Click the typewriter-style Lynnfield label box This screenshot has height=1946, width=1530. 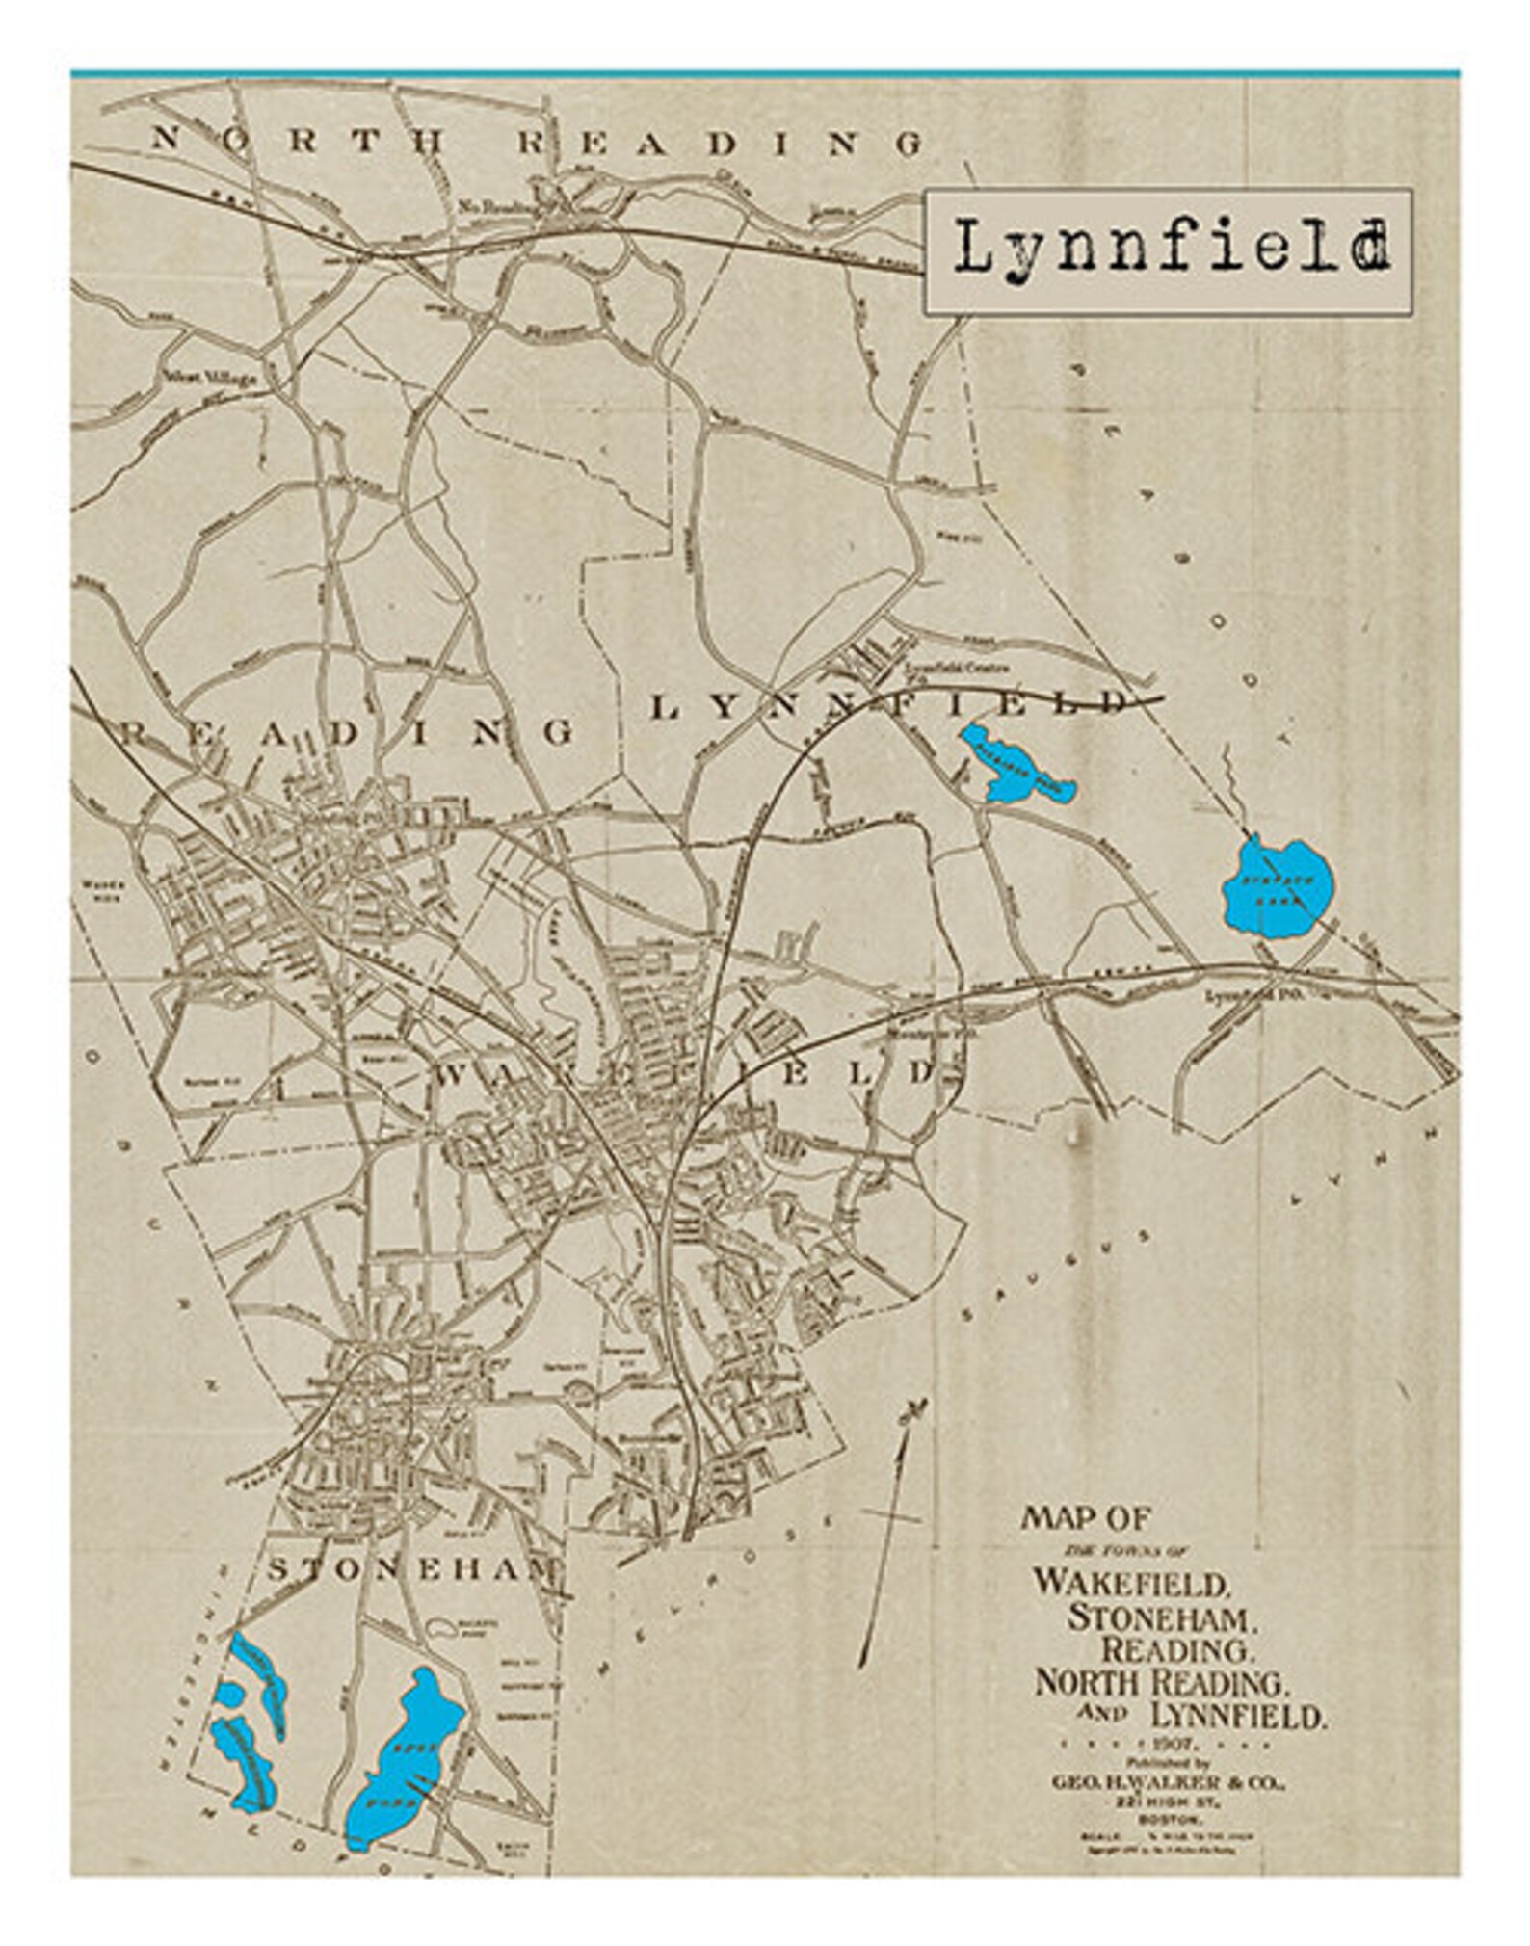point(1168,251)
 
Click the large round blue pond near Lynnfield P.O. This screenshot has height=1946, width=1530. point(1279,883)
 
